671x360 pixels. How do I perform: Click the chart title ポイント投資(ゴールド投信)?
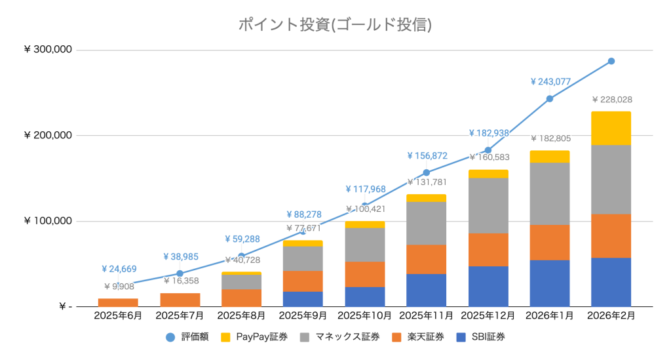[x=335, y=25]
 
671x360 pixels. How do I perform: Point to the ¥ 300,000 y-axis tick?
[x=48, y=50]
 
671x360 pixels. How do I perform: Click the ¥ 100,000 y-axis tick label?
[x=48, y=222]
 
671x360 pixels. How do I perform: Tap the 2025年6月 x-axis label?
[x=118, y=315]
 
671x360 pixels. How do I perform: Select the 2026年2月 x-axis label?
[x=611, y=315]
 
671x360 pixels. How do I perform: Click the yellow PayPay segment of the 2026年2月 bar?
[x=611, y=129]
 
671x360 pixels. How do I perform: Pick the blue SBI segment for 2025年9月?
[x=303, y=299]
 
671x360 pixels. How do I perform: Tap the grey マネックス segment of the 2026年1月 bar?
[x=549, y=193]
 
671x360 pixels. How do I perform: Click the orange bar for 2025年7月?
[x=180, y=300]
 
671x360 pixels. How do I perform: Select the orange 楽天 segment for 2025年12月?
[x=488, y=249]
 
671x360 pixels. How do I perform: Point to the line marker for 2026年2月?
[x=611, y=61]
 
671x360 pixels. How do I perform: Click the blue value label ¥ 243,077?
[x=550, y=82]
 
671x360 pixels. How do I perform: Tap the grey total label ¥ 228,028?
[x=611, y=100]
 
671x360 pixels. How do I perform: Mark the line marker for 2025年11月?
[x=426, y=172]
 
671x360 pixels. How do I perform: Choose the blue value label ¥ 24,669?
[x=119, y=269]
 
